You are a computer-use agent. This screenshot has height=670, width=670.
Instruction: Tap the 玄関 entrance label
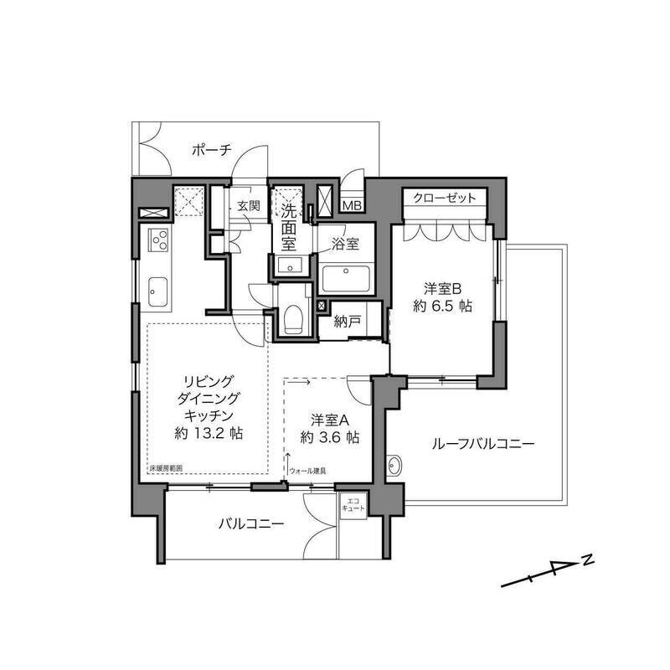tap(248, 206)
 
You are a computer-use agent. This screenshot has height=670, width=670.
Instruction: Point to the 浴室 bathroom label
tap(345, 245)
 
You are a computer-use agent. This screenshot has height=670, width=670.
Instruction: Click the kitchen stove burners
tap(157, 241)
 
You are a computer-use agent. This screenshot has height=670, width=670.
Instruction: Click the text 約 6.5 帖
tap(443, 307)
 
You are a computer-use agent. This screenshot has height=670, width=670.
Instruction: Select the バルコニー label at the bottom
tap(251, 525)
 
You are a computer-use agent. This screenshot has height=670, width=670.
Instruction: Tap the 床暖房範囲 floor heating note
tap(165, 468)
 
